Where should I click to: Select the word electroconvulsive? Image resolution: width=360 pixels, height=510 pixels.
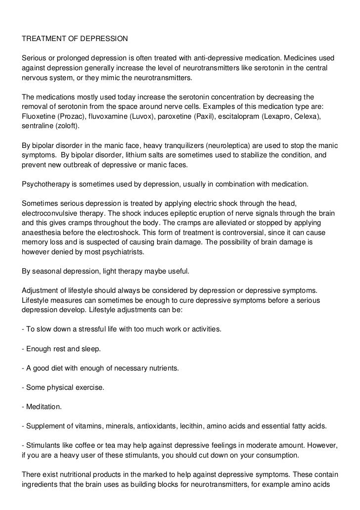click(x=51, y=213)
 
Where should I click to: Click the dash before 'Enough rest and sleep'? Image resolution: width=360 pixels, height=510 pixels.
click(x=23, y=349)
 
